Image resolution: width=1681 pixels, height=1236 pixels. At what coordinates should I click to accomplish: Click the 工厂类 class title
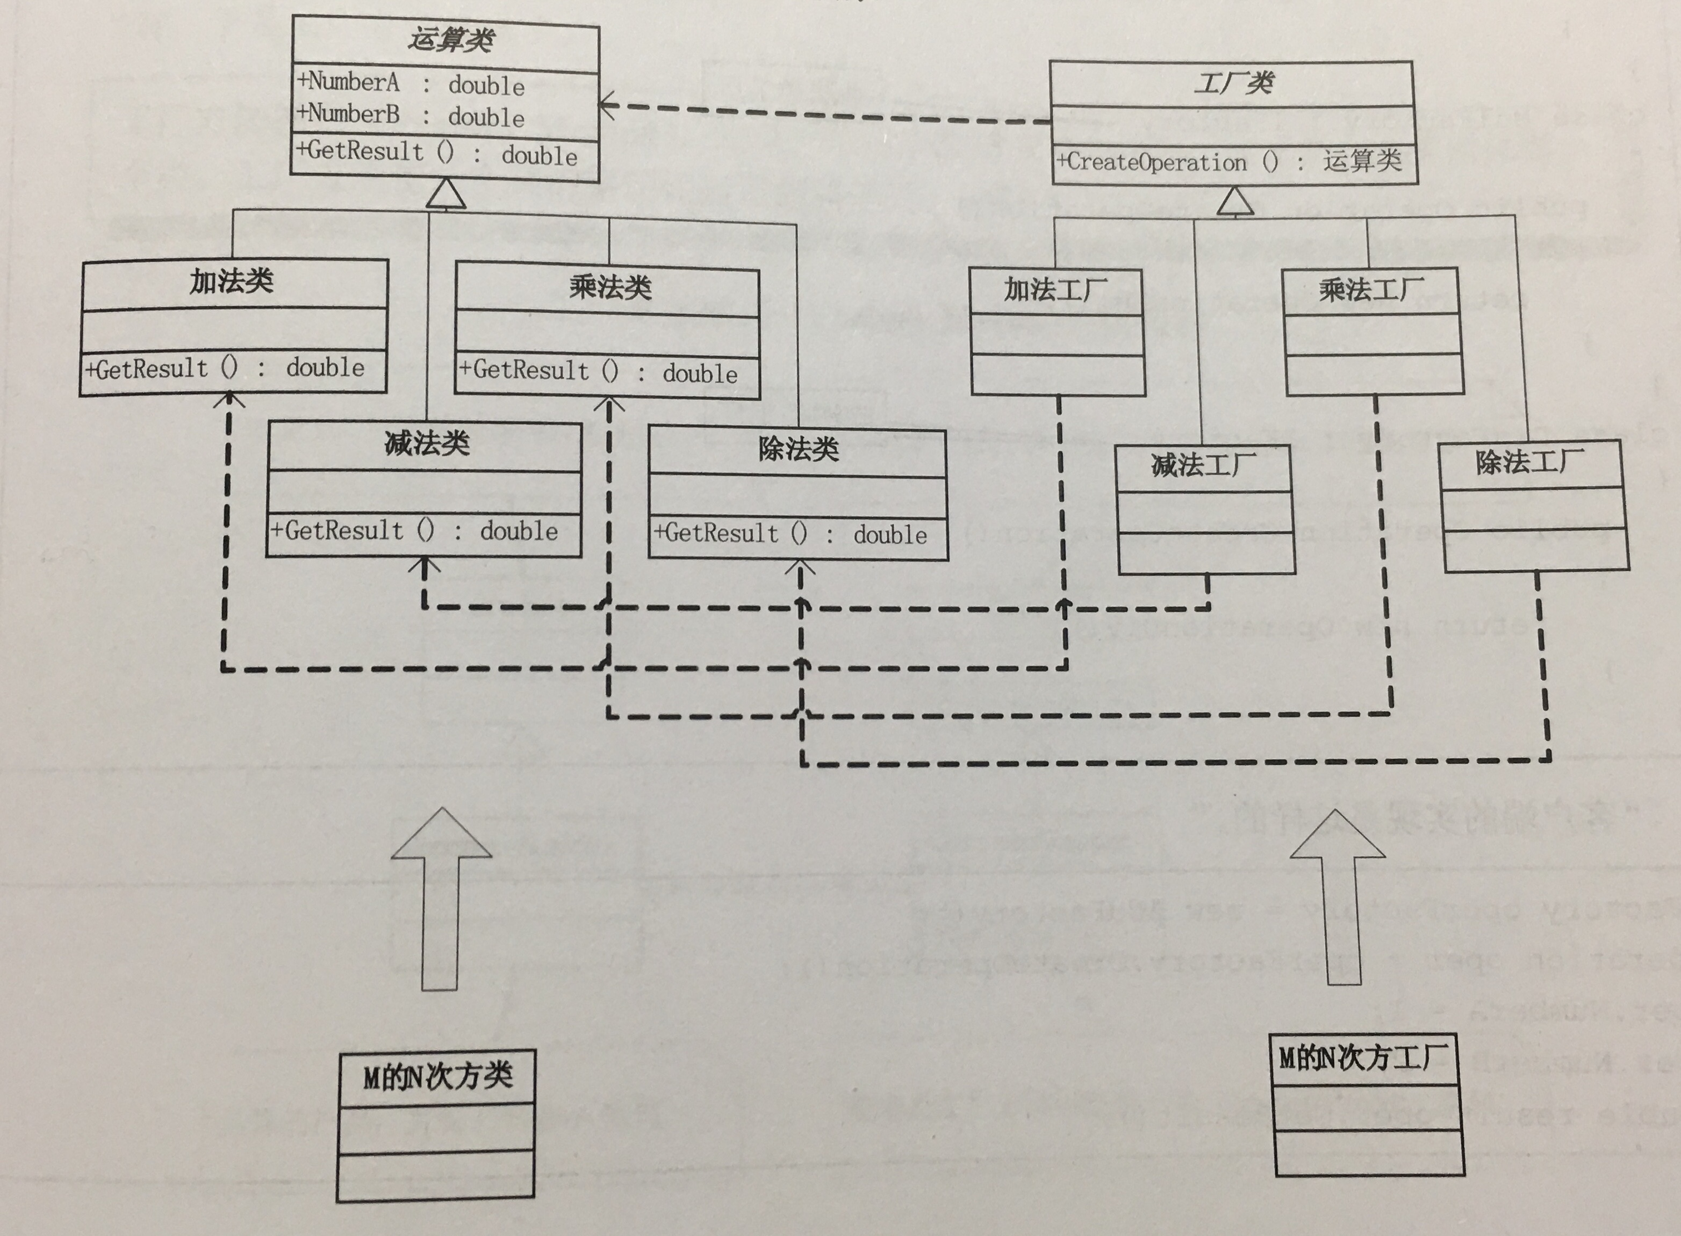(x=1233, y=83)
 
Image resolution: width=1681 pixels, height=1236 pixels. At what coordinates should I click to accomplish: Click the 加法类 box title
(x=231, y=282)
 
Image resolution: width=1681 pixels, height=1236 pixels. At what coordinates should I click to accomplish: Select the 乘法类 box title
(x=609, y=287)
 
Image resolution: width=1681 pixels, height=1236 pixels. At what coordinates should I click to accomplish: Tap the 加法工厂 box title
(x=1055, y=290)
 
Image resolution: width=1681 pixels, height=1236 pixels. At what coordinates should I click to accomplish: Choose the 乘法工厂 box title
(x=1371, y=290)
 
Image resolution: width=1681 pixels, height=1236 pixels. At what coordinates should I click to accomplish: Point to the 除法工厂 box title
(x=1530, y=462)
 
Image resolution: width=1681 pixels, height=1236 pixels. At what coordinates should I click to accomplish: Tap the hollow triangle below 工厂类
(x=1234, y=202)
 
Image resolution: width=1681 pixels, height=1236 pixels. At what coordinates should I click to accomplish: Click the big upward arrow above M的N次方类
(x=441, y=898)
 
